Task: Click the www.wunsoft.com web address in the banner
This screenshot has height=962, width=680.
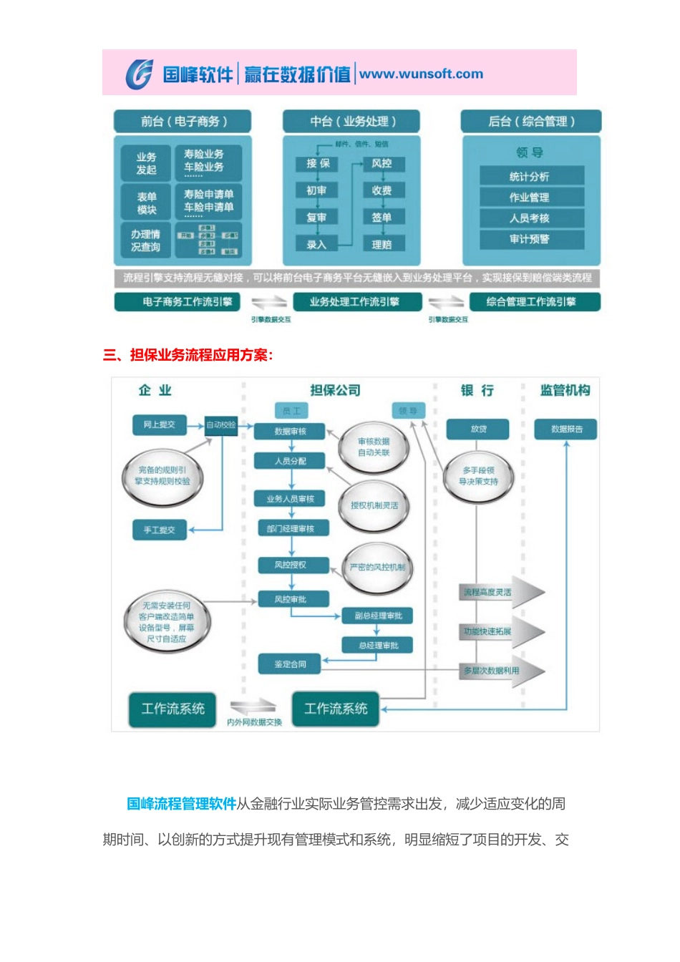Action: point(421,74)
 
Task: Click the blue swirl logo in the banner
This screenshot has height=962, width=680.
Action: point(139,74)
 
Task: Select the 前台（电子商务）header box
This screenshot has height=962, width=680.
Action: point(183,121)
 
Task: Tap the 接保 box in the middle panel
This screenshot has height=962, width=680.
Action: point(317,163)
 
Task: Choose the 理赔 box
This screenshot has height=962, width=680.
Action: point(382,245)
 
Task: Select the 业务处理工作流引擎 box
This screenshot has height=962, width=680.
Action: point(354,302)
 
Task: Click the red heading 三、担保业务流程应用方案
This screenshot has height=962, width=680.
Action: point(188,355)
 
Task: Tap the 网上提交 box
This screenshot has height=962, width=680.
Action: point(159,424)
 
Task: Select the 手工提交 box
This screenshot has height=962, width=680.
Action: point(159,530)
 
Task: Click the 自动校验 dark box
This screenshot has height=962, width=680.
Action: point(221,424)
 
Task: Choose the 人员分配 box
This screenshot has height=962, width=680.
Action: point(290,461)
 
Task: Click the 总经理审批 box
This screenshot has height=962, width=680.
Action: point(378,646)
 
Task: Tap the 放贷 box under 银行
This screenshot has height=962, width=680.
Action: point(477,429)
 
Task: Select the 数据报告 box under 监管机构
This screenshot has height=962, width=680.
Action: point(566,429)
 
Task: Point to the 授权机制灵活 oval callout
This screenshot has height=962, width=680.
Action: point(374,505)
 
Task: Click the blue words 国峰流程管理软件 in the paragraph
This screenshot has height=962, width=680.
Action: point(181,804)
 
